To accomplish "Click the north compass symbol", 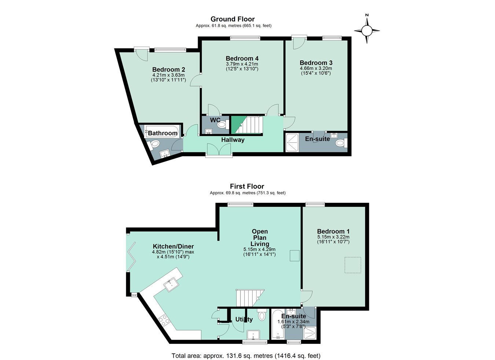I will pos(367,30).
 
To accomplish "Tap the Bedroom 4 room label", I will pos(242,59).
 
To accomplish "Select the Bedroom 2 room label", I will pos(168,70).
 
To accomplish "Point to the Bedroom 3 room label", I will pos(316,63).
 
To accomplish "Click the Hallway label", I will pos(232,140).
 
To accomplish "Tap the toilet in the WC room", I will pos(221,125).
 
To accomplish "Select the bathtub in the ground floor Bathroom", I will pos(162,132).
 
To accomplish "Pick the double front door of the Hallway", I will pos(219,150).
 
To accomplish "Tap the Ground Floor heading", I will pos(232,19).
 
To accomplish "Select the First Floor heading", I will pos(247,186).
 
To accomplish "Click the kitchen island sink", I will pos(172,284).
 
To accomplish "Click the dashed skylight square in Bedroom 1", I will pos(353,265).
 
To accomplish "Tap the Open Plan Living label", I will pos(260,238).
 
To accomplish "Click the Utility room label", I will pos(244,319).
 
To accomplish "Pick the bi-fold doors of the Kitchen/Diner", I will pos(131,256).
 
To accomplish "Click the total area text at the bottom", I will pos(246,356).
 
